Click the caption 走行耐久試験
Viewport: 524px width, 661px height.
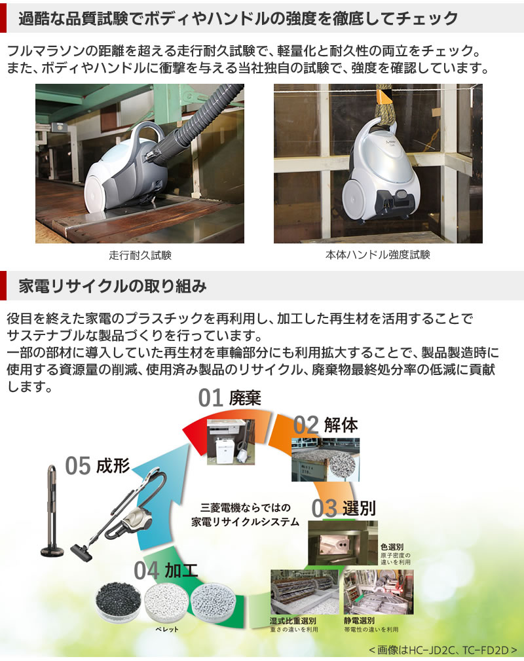pyautogui.click(x=140, y=255)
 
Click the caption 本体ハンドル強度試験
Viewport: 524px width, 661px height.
pyautogui.click(x=378, y=255)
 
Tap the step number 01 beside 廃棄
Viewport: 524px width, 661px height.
pyautogui.click(x=212, y=398)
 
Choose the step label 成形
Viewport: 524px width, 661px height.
pyautogui.click(x=112, y=466)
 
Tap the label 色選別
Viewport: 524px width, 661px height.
pyautogui.click(x=391, y=546)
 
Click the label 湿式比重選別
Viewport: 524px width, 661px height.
pyautogui.click(x=293, y=620)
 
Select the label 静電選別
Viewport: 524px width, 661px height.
pyautogui.click(x=360, y=620)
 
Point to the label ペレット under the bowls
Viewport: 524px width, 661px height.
pyautogui.click(x=166, y=630)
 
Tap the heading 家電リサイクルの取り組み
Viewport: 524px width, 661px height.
pyautogui.click(x=113, y=286)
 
